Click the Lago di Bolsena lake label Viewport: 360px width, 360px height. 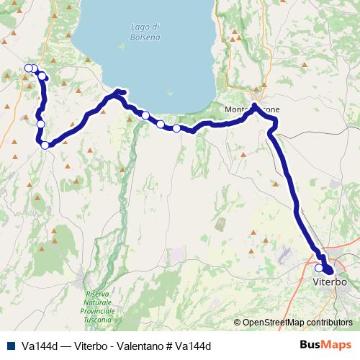tap(145, 32)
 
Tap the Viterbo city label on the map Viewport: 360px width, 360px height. tap(330, 282)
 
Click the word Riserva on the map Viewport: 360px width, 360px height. tap(97, 294)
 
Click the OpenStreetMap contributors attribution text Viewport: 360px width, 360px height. tap(297, 323)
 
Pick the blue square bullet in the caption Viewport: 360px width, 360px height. tap(11, 346)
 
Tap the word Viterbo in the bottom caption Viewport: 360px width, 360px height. tap(86, 346)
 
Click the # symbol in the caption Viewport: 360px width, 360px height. tap(166, 346)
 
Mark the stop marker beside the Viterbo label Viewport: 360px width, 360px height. tap(319, 268)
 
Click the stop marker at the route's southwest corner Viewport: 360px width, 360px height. tap(45, 145)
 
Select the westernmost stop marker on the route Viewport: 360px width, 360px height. tap(28, 68)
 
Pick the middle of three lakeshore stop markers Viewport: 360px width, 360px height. tap(160, 124)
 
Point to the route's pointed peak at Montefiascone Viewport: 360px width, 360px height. tap(254, 106)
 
